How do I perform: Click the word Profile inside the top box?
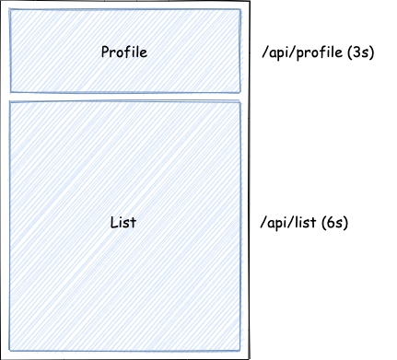pos(123,52)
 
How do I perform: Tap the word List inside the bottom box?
pos(123,224)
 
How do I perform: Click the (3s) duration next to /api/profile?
pos(356,52)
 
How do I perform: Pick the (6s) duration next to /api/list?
pos(334,224)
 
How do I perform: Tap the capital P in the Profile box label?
pos(105,52)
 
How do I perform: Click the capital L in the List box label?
pos(112,224)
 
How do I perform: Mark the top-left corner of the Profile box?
pos(10,10)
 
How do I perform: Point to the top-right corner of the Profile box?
pos(240,10)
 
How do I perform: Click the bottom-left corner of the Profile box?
pos(10,92)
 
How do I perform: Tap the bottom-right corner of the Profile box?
pos(240,92)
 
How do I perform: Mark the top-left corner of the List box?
pos(10,102)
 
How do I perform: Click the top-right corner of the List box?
pos(240,102)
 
